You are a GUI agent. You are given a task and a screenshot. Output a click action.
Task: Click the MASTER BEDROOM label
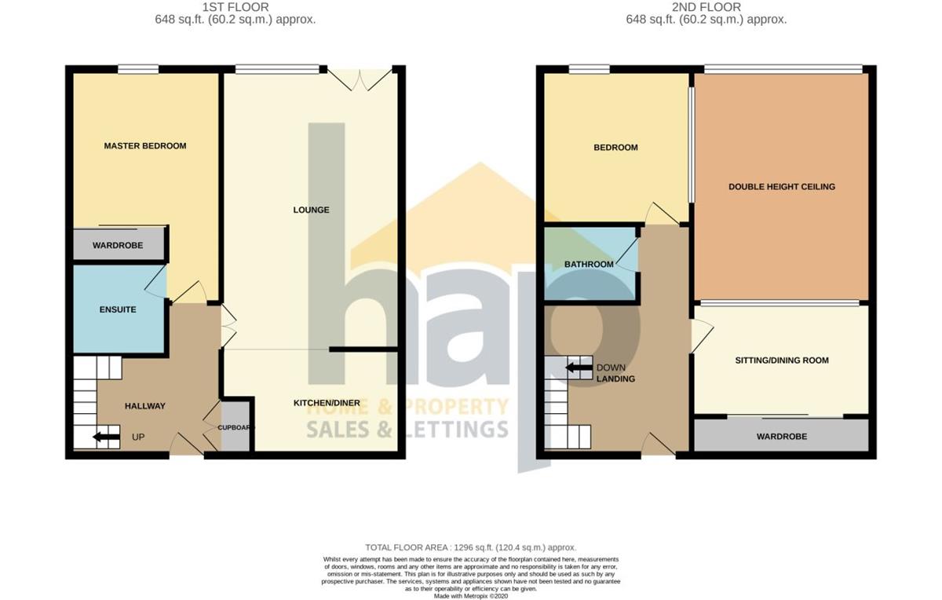coord(145,146)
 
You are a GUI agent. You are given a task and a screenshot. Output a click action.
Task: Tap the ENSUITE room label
coord(118,309)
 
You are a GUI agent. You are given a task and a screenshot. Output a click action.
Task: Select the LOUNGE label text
coord(311,210)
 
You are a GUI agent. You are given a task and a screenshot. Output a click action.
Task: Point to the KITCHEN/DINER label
coord(327,403)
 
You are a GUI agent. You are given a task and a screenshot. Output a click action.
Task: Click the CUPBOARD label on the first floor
coord(236,427)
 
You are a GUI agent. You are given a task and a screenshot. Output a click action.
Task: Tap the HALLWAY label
coord(145,406)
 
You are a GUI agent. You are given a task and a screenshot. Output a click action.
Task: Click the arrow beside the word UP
coord(107,437)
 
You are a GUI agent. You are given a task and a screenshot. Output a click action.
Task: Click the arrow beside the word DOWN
coord(579,368)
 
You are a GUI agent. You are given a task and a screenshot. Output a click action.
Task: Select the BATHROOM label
coord(589,265)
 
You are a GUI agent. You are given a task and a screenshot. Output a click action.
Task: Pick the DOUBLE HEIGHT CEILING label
coord(782,187)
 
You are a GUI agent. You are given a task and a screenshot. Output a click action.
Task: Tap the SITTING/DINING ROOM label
coord(782,360)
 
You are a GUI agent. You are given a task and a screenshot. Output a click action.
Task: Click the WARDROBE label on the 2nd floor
coord(782,437)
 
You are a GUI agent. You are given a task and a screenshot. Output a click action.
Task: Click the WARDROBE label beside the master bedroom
coord(118,245)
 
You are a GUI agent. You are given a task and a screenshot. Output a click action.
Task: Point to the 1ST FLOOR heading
coord(235,7)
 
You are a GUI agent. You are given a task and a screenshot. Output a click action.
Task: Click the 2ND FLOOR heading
coord(706,7)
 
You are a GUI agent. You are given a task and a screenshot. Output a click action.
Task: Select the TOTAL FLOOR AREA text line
coord(470,547)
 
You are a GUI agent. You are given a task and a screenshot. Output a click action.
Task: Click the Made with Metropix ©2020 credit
coord(470,596)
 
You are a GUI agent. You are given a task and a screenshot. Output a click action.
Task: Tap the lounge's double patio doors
coord(360,80)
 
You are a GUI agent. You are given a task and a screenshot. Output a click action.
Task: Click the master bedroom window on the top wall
coord(138,69)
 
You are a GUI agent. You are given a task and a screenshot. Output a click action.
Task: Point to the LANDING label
coord(615,379)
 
